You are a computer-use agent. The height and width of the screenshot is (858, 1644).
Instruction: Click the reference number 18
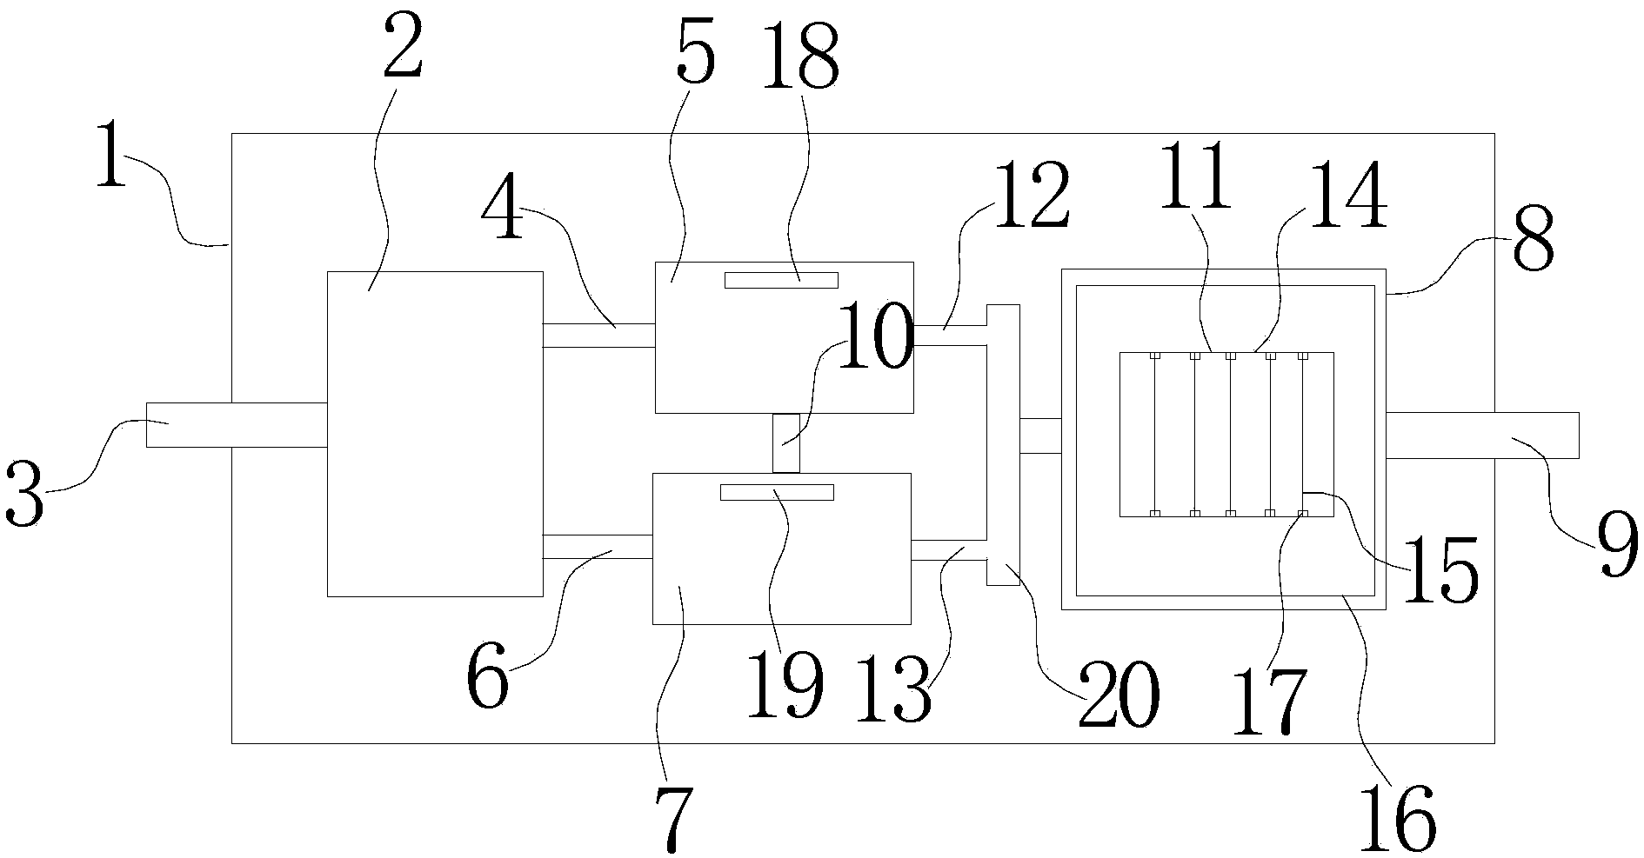click(800, 55)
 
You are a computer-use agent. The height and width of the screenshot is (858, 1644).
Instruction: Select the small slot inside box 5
click(781, 280)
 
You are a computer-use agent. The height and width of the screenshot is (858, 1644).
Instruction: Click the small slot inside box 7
click(777, 492)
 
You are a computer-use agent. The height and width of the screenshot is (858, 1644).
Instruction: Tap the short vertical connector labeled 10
click(785, 443)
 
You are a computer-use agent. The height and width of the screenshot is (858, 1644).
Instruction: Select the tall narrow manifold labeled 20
click(1003, 445)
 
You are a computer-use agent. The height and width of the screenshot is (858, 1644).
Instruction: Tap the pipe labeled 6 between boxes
click(597, 547)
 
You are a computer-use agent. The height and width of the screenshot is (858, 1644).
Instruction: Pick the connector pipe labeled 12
click(950, 336)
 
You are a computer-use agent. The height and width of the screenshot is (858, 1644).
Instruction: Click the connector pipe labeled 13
click(948, 550)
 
